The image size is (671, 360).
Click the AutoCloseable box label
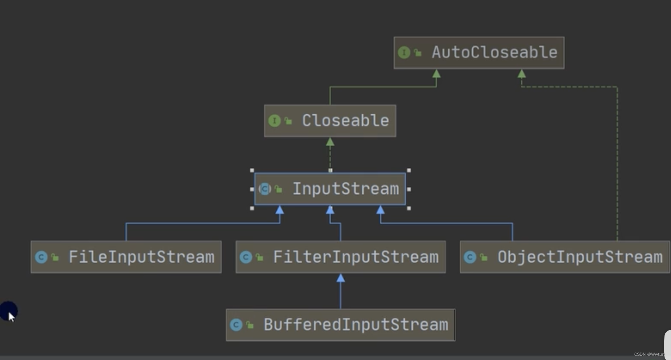[x=494, y=52]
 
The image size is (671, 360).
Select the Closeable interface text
[x=345, y=121]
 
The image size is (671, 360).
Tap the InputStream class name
[x=345, y=189]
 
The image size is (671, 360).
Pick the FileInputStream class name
[x=141, y=257]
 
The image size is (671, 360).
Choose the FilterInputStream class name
[x=355, y=257]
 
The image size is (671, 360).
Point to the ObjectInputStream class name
[x=580, y=257]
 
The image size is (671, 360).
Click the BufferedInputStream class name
[x=355, y=325]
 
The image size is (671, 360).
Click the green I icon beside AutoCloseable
[x=404, y=52]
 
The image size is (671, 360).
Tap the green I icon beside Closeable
[x=274, y=121]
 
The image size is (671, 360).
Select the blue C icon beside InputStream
[x=265, y=189]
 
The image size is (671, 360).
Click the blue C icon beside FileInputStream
[x=41, y=257]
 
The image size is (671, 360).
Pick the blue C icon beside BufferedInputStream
[x=236, y=325]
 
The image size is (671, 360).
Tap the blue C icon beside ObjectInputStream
[x=470, y=257]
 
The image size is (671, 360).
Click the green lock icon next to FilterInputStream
[x=260, y=258]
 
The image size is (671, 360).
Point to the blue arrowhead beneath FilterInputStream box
[x=340, y=278]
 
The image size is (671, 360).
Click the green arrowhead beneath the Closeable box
[x=330, y=142]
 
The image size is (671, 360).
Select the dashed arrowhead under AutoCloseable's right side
[x=522, y=74]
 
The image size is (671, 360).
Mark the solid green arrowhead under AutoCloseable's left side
[x=436, y=74]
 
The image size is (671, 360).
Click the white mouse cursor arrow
[x=11, y=316]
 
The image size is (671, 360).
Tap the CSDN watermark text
[x=649, y=354]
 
